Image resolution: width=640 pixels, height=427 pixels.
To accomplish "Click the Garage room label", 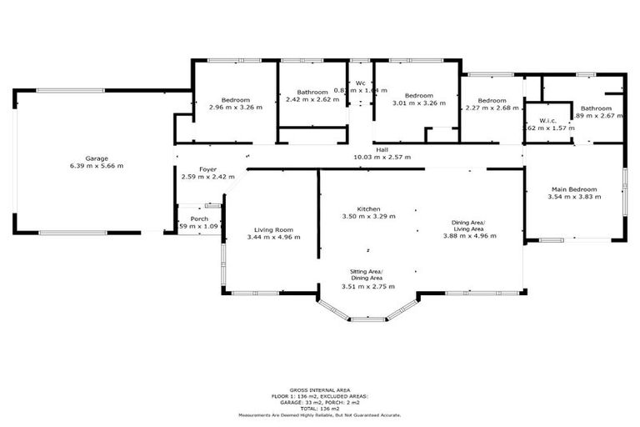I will coord(97,158).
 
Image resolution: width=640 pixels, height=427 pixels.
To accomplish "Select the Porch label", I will coord(199,219).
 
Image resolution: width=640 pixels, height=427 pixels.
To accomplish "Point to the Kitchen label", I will coord(368,208).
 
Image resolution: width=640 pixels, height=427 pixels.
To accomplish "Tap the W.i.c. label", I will coord(547,120).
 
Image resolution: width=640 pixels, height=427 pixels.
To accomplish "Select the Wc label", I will coord(361,83).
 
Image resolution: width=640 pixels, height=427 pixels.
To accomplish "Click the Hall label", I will coord(382,149).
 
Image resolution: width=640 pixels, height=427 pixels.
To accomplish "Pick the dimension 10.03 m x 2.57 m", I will coord(382,157).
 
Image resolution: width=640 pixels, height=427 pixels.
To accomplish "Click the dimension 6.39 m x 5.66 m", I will coord(97,165).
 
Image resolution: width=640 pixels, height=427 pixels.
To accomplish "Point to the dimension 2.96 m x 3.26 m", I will coord(235,107).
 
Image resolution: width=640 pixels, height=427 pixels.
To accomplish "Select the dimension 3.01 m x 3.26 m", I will coord(418,104).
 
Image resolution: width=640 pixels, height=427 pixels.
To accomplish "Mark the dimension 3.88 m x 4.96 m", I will coord(470,236).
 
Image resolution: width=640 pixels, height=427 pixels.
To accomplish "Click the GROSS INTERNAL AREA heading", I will coord(319,389).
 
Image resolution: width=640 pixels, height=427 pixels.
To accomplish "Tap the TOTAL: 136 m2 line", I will coord(319,409).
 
